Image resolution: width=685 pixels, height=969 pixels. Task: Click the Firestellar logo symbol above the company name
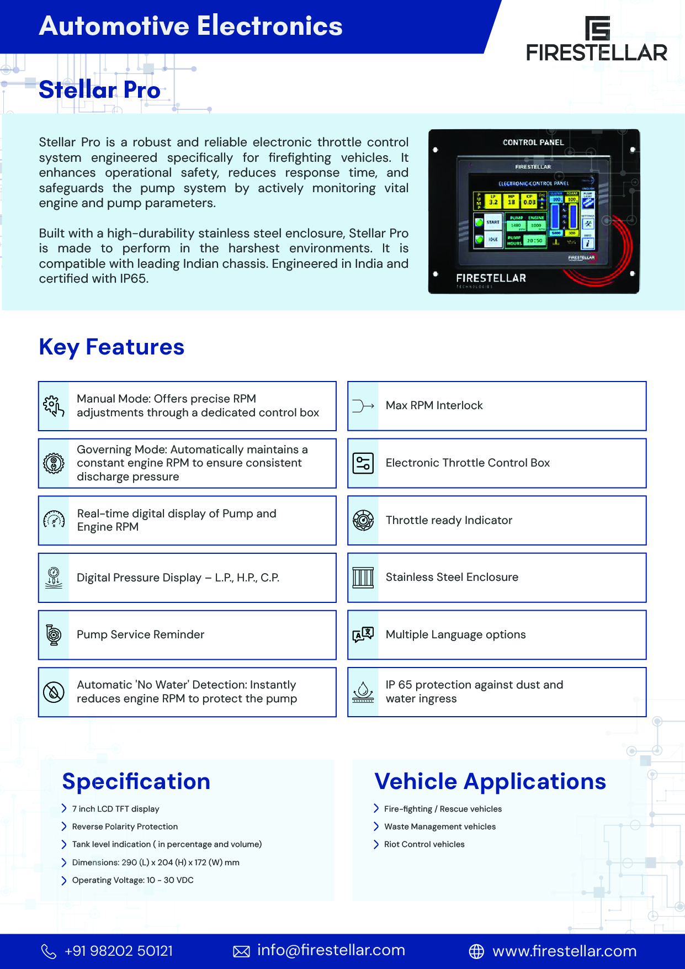[x=597, y=28]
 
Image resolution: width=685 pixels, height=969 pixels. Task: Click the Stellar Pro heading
[x=99, y=90]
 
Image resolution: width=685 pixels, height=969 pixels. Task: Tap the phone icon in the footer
[x=49, y=951]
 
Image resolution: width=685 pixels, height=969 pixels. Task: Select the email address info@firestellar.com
[x=331, y=950]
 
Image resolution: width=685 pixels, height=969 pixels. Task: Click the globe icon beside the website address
[x=476, y=951]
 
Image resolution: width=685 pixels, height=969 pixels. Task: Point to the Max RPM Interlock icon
[x=363, y=406]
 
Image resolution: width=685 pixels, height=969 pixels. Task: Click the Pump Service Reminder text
[x=140, y=635]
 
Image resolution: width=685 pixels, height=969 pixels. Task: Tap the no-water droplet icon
[x=54, y=692]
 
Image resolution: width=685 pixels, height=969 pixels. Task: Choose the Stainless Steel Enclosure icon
[x=363, y=578]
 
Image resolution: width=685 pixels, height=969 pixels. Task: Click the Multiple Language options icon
[x=363, y=635]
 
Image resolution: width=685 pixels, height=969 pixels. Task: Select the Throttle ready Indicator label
[x=449, y=520]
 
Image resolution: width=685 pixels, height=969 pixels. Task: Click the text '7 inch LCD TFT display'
[x=115, y=809]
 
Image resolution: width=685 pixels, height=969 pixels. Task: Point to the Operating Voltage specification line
[x=132, y=880]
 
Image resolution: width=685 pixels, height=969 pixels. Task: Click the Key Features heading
[x=111, y=347]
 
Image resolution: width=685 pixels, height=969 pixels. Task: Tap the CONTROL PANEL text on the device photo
[x=533, y=142]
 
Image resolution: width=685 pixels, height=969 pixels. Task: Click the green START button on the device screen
[x=489, y=223]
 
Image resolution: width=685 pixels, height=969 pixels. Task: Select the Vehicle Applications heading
[x=490, y=782]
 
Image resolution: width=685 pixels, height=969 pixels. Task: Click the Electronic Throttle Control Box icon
[x=363, y=463]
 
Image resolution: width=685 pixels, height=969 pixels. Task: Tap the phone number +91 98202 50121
[x=119, y=951]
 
